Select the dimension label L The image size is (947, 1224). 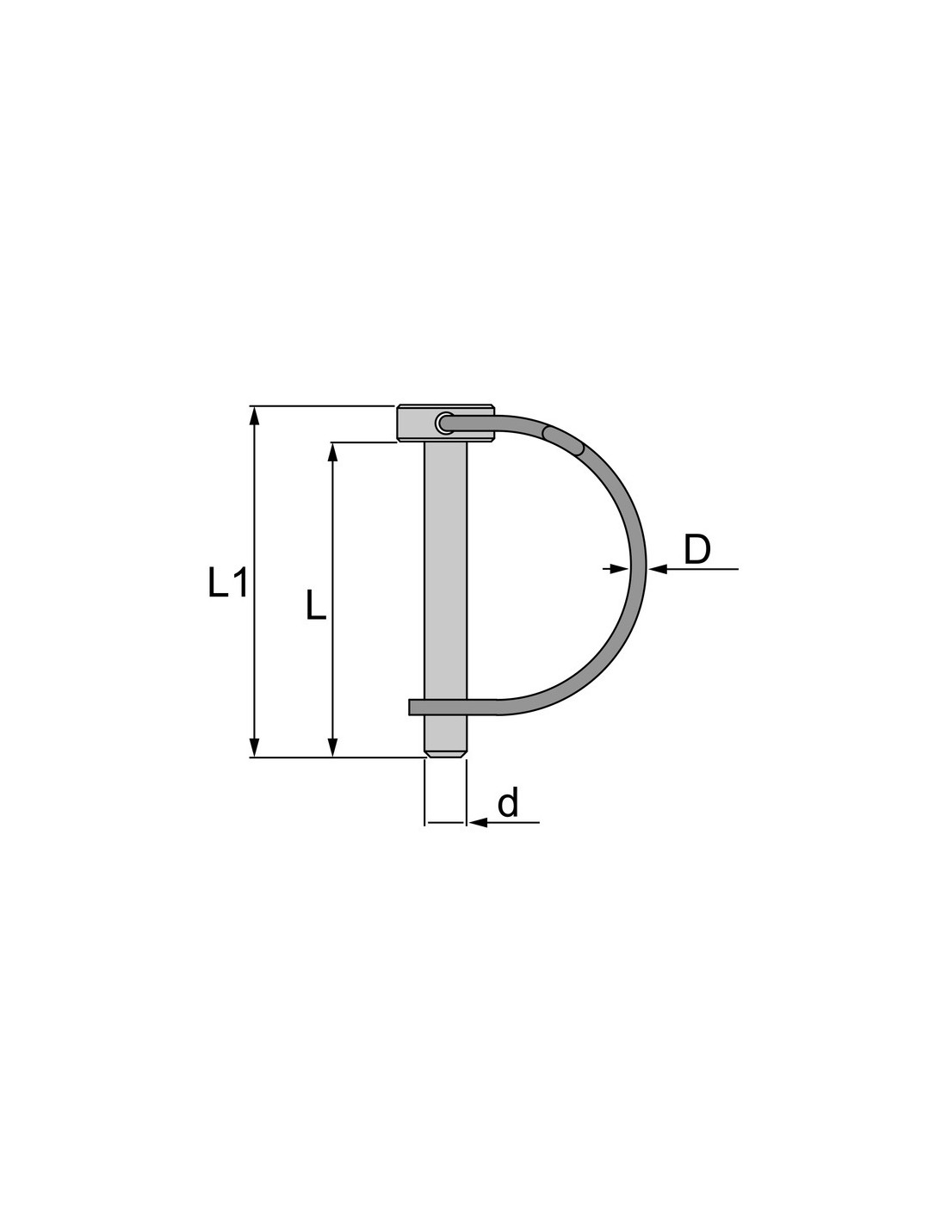pos(315,605)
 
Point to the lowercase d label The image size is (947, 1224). pos(508,802)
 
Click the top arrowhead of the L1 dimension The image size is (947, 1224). pos(255,417)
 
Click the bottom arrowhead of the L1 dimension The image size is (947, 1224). pos(255,746)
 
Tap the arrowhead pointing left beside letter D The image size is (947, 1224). pos(658,569)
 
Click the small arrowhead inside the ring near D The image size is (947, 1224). pos(620,569)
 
